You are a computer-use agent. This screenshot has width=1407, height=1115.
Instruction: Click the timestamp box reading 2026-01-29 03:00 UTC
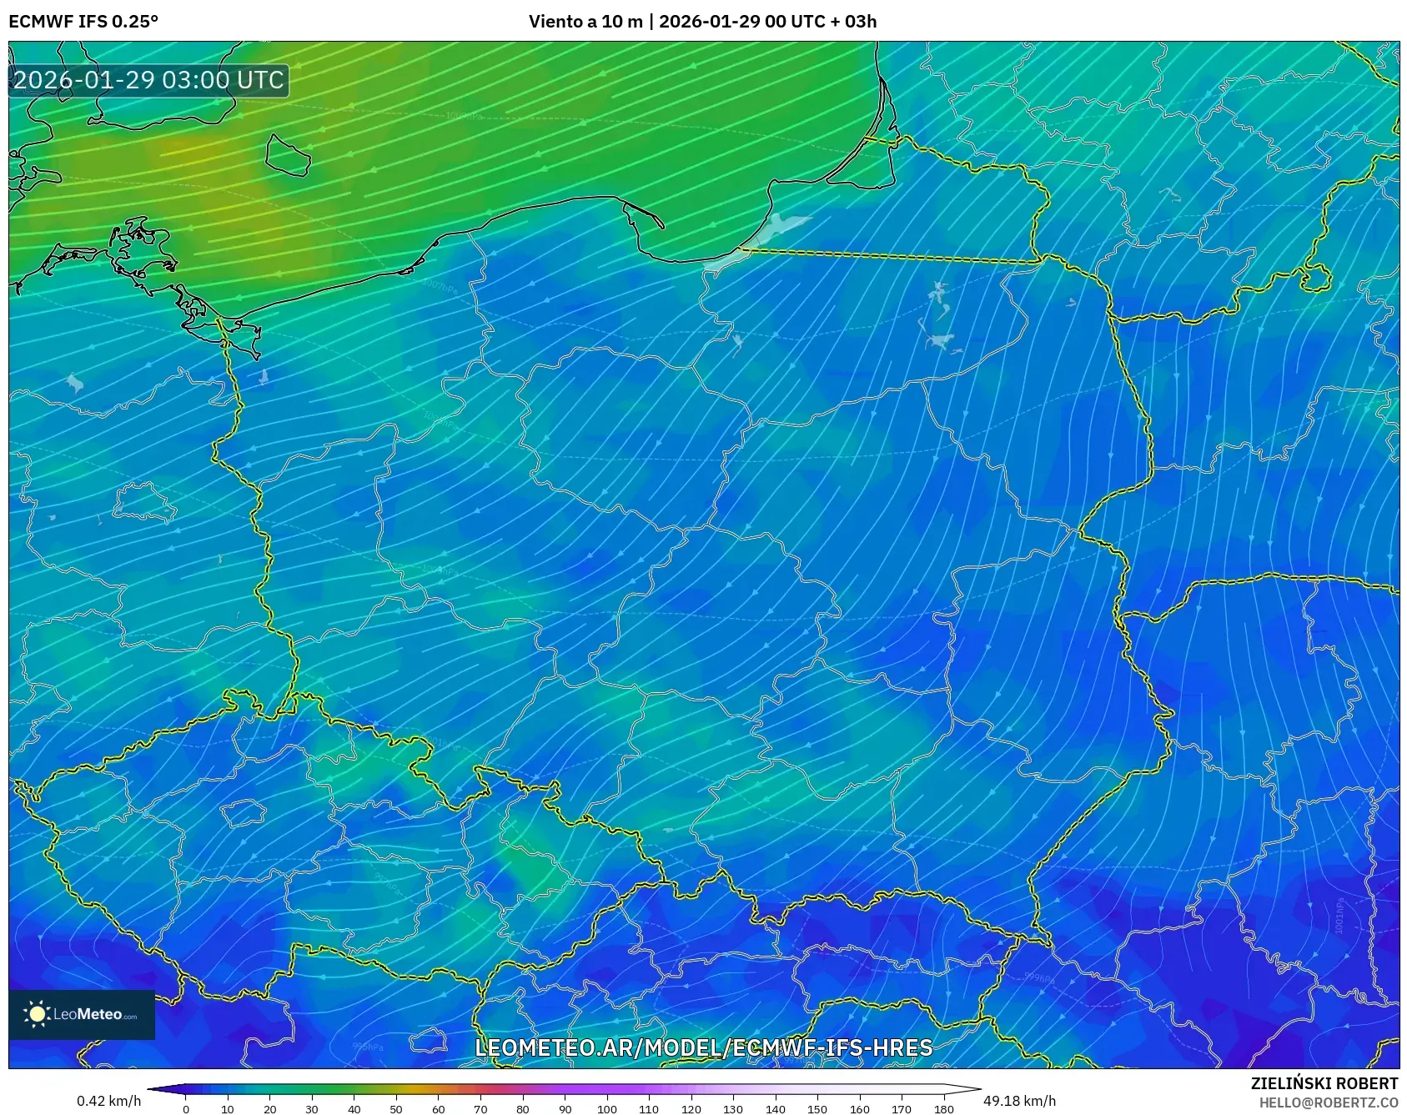148,80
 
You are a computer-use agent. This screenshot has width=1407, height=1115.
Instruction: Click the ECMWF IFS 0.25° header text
83,22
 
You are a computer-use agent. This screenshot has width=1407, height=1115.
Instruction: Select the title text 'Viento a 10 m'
585,22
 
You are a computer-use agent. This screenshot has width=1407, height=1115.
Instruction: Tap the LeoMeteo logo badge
82,1014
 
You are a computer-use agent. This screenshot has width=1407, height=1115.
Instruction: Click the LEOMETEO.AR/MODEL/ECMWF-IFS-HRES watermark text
703,1047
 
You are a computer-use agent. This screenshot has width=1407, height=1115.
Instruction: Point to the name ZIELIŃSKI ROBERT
1324,1083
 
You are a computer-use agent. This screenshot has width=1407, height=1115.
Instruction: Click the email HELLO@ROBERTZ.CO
1328,1102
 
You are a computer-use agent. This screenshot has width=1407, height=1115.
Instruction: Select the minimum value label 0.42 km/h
108,1101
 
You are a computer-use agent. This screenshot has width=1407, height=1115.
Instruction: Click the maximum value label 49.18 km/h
1019,1101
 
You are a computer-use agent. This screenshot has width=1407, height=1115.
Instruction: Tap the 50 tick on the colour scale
396,1109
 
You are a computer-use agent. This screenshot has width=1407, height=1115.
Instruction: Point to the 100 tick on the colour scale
606,1109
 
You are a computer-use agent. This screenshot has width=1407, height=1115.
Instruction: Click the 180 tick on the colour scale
943,1109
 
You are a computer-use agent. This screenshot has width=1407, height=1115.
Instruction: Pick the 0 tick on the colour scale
185,1109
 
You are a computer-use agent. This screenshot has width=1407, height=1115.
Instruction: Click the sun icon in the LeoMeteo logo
38,1014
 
